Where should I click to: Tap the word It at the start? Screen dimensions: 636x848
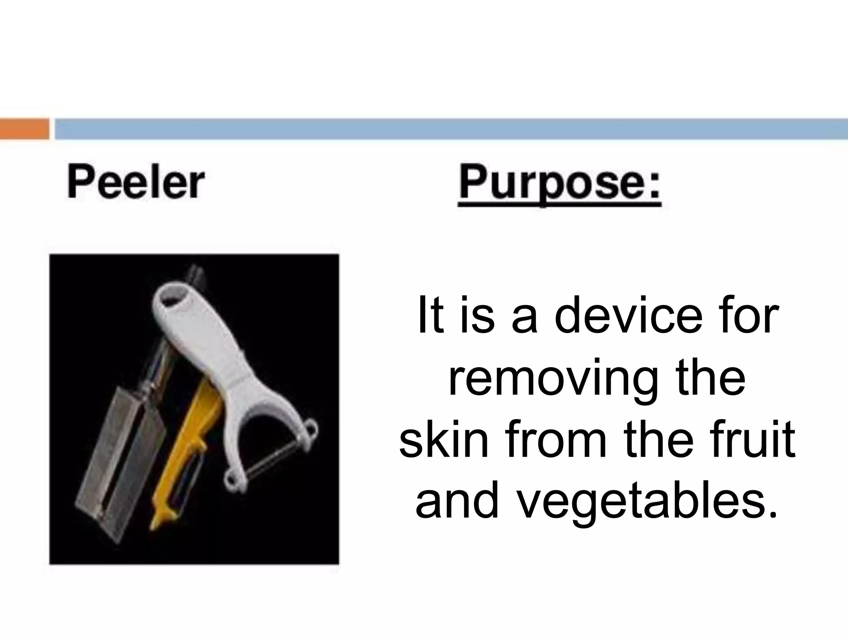(x=431, y=316)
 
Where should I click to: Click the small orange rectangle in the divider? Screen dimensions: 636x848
(x=24, y=129)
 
